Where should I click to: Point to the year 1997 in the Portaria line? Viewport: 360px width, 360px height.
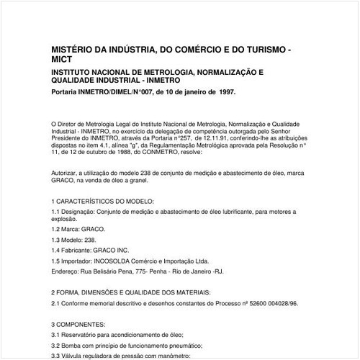pyautogui.click(x=223, y=93)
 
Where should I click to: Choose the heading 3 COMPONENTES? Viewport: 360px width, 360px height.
pyautogui.click(x=78, y=324)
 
